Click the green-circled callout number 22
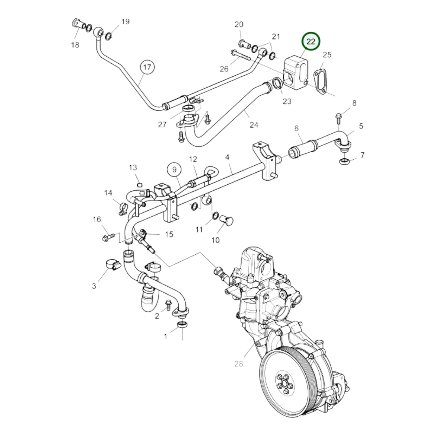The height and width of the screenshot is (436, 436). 310,41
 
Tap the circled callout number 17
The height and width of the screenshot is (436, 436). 147,67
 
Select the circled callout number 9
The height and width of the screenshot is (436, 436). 174,170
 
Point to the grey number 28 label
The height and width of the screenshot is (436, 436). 238,364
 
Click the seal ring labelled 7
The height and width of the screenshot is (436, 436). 343,161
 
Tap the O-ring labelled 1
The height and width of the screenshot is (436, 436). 182,325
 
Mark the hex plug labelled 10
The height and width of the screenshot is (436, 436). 228,221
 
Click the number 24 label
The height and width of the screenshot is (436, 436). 254,125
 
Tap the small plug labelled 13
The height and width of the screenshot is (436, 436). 139,185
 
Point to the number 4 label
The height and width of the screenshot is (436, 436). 227,157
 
